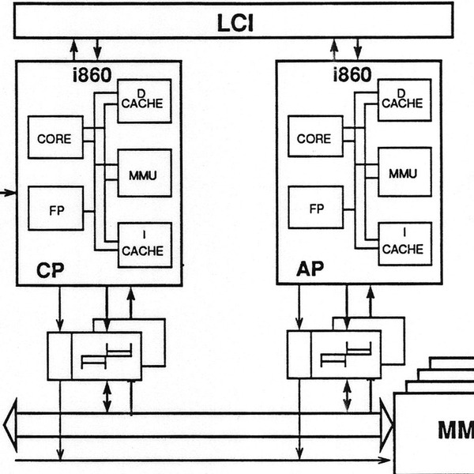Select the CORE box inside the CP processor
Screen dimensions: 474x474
55,138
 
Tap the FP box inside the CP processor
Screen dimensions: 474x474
55,209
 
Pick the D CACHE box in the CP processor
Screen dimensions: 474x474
144,101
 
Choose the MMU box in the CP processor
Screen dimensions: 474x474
144,173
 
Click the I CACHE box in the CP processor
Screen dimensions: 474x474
144,244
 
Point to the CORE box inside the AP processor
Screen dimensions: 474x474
314,138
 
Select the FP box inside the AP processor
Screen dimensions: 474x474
316,209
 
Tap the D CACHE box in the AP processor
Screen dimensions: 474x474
404,101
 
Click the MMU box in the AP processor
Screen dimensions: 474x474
404,173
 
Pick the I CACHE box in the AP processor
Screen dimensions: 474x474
404,244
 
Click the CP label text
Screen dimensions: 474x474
49,270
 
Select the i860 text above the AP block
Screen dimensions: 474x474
351,75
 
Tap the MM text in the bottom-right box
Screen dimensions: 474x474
455,431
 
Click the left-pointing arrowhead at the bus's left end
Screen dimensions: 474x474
9,427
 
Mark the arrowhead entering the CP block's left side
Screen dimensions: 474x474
11,191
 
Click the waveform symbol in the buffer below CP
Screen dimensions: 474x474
105,355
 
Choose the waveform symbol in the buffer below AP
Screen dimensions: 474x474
344,355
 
